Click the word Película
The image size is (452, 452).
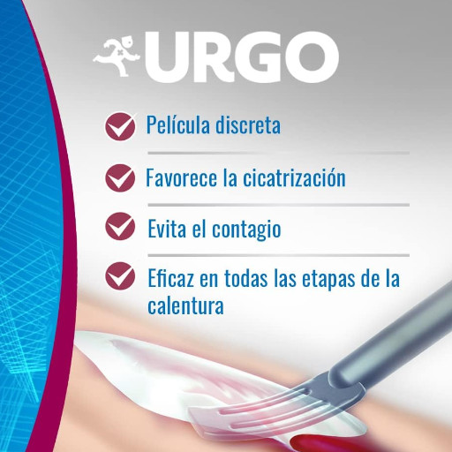178,124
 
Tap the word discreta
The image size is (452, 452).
248,124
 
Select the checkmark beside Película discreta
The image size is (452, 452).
120,126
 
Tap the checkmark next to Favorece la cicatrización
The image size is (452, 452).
120,178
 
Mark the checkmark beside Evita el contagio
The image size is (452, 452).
120,227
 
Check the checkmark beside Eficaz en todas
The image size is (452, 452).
120,276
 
